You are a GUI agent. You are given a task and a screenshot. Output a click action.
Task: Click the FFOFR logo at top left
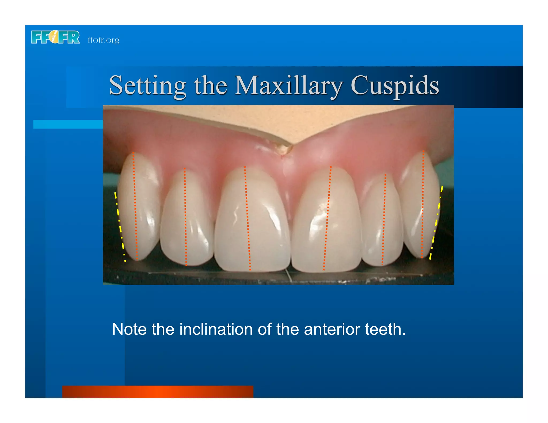pyautogui.click(x=55, y=37)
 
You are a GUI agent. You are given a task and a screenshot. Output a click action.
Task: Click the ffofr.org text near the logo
pyautogui.click(x=104, y=40)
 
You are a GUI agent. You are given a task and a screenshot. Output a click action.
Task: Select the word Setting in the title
pyautogui.click(x=148, y=86)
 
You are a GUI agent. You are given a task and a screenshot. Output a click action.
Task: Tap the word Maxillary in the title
pyautogui.click(x=288, y=86)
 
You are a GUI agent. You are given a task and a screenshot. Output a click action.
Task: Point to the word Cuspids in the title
pyautogui.click(x=395, y=86)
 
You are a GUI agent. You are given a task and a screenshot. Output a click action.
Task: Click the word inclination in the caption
pyautogui.click(x=216, y=329)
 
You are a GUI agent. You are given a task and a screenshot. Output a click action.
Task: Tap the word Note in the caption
pyautogui.click(x=129, y=329)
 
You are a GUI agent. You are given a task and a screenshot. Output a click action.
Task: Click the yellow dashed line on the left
pyautogui.click(x=120, y=226)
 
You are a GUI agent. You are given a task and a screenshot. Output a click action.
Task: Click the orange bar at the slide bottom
pyautogui.click(x=158, y=391)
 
